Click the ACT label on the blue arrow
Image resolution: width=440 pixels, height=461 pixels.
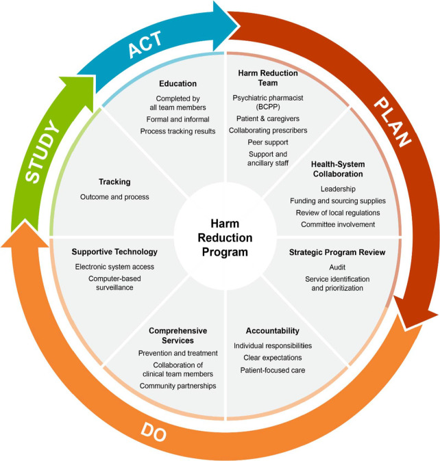coord(145,44)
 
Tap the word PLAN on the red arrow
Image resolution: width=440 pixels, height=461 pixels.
coord(392,122)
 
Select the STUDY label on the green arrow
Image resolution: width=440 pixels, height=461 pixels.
coord(42,151)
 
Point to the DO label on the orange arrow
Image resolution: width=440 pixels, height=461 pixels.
coord(154,432)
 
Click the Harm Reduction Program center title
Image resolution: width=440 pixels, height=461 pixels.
coord(225,238)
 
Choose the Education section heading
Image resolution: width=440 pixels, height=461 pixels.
coord(178,83)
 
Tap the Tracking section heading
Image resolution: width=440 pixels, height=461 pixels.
coord(114,182)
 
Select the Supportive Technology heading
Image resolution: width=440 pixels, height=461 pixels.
coord(114,252)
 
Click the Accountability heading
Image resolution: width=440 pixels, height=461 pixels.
coord(273,331)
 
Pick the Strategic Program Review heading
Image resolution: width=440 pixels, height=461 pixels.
coord(337,252)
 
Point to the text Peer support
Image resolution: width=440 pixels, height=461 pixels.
coord(268,142)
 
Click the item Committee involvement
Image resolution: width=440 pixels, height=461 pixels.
coord(338,224)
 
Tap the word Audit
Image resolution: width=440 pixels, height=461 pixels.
coord(337,267)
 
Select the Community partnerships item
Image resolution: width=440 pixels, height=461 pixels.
coord(178,386)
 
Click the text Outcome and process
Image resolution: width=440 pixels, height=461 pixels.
coord(114,197)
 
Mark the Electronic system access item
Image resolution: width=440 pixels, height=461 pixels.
coord(114,267)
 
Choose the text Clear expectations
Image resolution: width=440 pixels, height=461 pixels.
coord(273,358)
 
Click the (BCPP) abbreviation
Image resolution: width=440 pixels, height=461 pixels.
coord(268,107)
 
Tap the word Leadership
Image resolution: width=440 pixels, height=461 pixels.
coord(338,189)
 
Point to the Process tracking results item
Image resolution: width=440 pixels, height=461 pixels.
coord(178,131)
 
